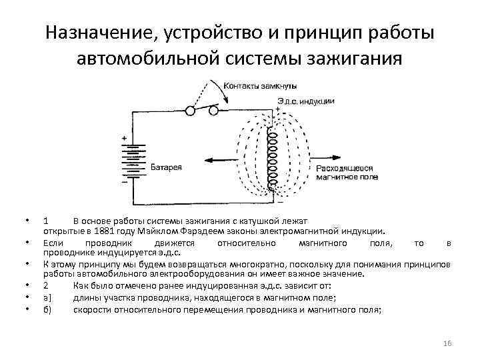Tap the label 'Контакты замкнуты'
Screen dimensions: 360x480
(x=261, y=86)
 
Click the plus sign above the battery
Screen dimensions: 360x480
(x=125, y=139)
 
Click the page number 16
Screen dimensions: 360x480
(x=447, y=343)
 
